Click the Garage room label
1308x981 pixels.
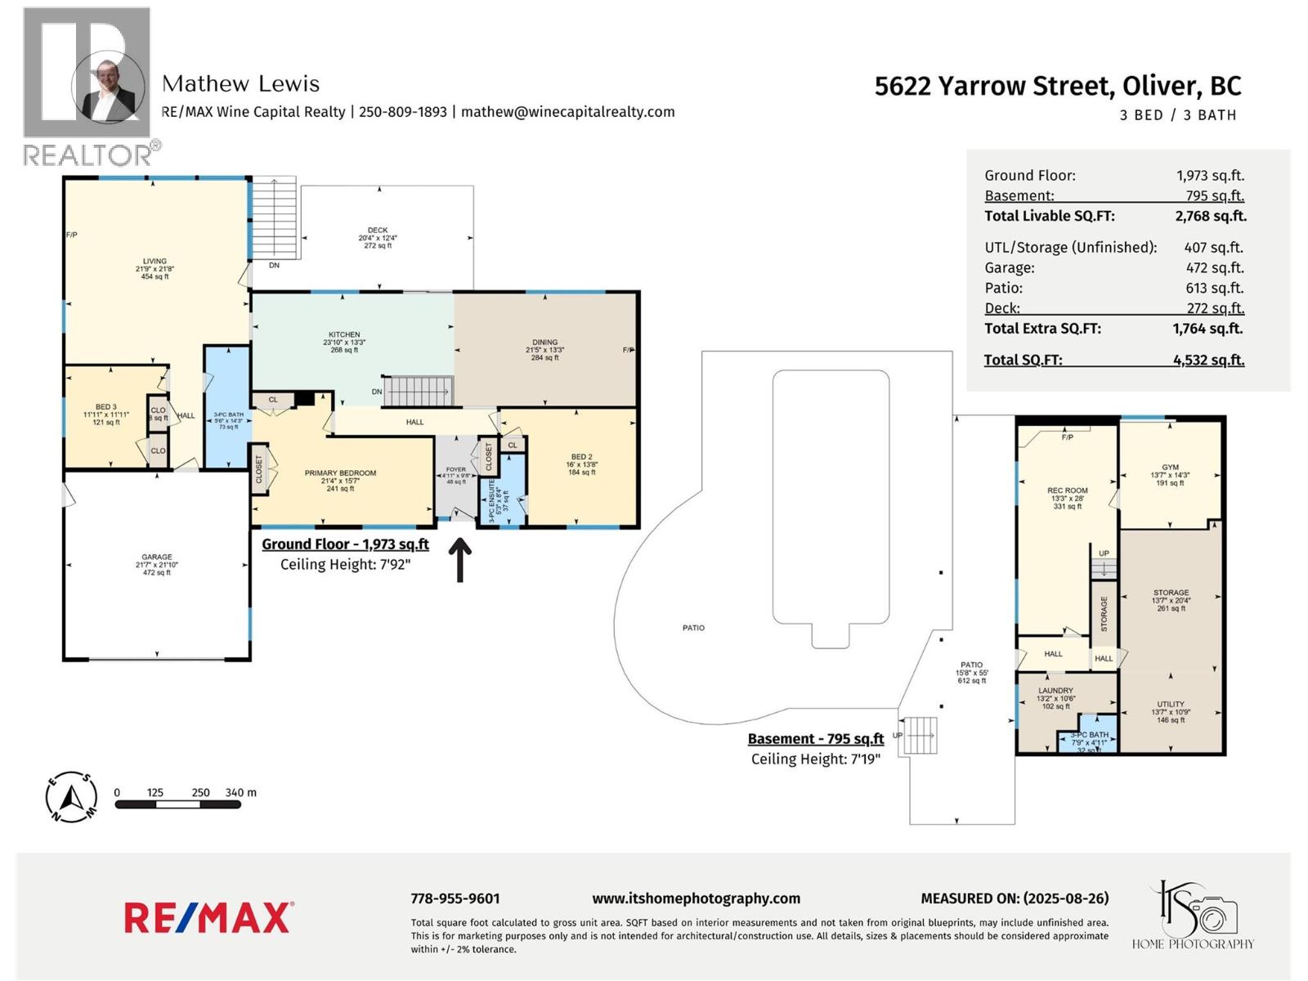(x=156, y=558)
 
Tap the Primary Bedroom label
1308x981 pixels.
(x=340, y=473)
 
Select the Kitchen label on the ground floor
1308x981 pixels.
(x=344, y=334)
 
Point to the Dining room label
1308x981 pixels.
(x=544, y=343)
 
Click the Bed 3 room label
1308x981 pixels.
(x=106, y=407)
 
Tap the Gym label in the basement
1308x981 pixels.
(x=1170, y=468)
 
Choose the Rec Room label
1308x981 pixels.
(x=1067, y=491)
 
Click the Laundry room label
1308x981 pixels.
(x=1055, y=691)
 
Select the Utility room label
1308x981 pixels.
(x=1170, y=705)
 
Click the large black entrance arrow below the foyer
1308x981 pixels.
(x=460, y=559)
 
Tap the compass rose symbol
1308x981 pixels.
(x=72, y=796)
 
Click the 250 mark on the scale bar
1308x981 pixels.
(x=200, y=793)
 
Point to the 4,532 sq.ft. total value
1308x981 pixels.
(x=1208, y=360)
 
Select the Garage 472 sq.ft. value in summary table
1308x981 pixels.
(x=1214, y=267)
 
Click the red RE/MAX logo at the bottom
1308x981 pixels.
(x=208, y=917)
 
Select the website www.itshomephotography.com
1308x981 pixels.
(x=696, y=898)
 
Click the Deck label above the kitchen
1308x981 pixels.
(x=378, y=231)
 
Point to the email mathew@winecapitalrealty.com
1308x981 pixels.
(x=567, y=112)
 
